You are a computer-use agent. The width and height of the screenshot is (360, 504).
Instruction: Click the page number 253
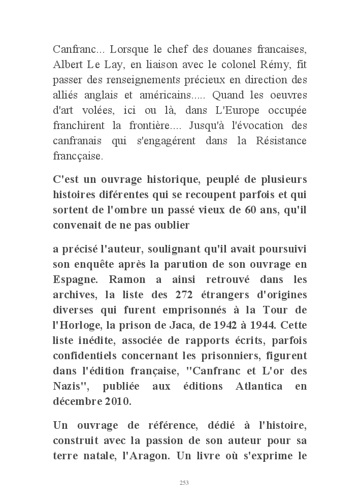point(184,483)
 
